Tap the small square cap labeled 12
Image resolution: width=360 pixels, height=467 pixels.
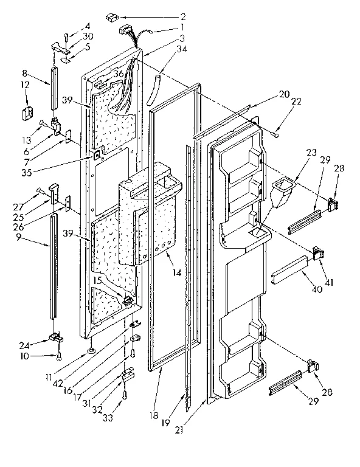tap(28, 112)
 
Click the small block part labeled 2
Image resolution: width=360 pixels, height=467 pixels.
tap(112, 17)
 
